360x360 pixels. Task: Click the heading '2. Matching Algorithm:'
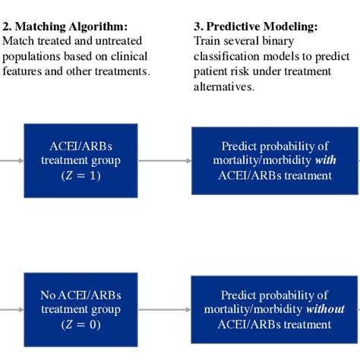coord(65,27)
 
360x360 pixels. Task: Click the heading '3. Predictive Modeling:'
coord(256,27)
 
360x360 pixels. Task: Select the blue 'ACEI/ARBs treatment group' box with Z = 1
coord(81,160)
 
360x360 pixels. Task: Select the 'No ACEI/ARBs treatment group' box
coord(81,309)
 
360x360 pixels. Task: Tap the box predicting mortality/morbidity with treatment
coord(274,160)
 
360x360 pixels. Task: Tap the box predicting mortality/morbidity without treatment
coord(274,309)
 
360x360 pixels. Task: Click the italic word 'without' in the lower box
coord(325,309)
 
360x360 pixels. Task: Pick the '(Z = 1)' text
coord(81,175)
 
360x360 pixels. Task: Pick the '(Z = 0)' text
coord(81,324)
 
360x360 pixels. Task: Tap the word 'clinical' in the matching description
coord(129,56)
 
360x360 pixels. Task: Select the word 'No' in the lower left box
coord(48,295)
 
